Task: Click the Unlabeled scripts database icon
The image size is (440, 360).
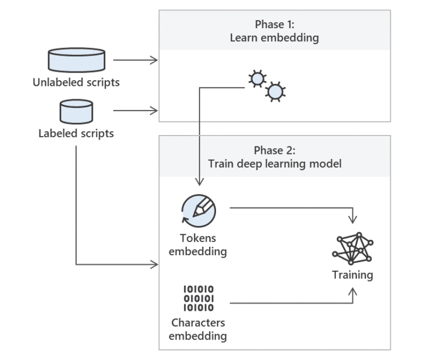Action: coord(76,60)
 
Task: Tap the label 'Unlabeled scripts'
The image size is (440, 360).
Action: coord(76,82)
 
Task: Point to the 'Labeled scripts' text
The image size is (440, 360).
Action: coord(76,134)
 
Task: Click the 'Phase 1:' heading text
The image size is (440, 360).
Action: coord(274,25)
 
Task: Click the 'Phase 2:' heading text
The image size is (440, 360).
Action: coord(274,151)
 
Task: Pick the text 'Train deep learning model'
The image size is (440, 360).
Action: coord(274,164)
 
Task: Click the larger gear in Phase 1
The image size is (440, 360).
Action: coord(276,91)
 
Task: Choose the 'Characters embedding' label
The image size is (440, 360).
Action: coord(198,330)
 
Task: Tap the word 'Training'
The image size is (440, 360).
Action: coord(352,275)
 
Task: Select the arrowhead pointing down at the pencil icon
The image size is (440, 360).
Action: coord(199,182)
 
